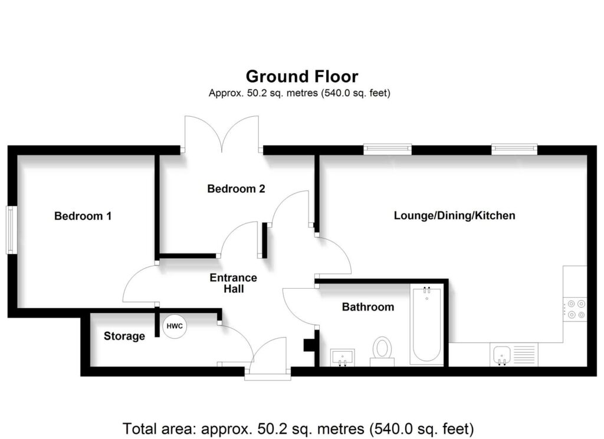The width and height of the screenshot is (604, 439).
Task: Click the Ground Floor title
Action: [301, 77]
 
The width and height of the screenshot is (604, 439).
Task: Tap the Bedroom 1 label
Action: [83, 216]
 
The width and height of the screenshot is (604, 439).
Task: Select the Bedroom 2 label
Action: [236, 189]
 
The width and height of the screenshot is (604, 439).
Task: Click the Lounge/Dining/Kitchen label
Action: [454, 216]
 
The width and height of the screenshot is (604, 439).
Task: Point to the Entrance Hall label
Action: [234, 283]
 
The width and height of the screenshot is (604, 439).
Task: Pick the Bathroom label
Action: [367, 307]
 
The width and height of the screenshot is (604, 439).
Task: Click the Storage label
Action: [124, 336]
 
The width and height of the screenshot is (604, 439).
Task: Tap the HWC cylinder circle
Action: [175, 326]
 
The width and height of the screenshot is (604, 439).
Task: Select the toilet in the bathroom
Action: [382, 349]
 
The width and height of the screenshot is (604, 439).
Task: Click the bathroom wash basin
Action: [343, 356]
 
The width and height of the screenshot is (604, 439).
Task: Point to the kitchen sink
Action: [501, 355]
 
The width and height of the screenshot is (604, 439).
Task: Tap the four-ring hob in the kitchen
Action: [575, 310]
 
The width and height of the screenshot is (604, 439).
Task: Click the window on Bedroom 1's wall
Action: [11, 230]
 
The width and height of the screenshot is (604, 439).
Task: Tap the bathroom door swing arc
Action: [298, 306]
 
